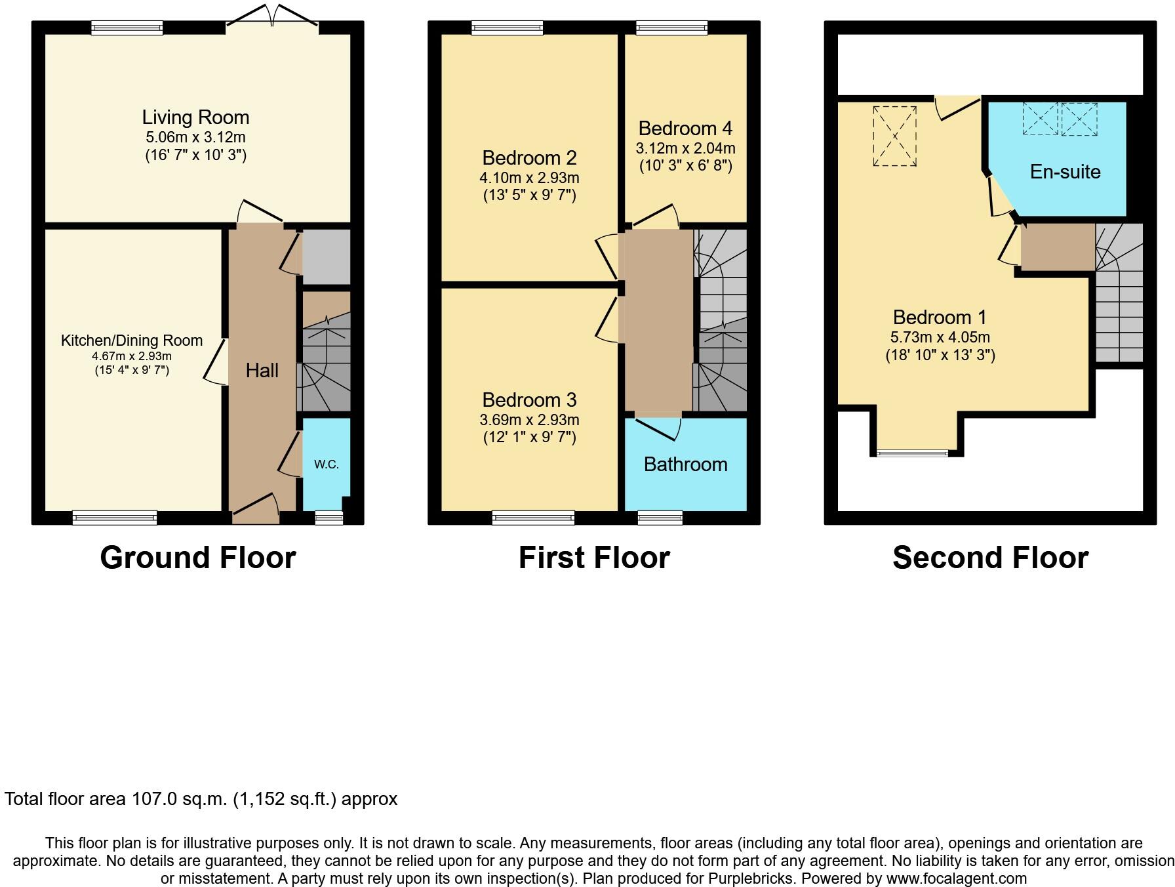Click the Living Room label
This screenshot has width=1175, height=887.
(195, 117)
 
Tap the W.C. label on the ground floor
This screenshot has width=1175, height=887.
(326, 464)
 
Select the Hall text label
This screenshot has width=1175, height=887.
(262, 371)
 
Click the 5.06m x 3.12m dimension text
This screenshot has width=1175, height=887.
(195, 138)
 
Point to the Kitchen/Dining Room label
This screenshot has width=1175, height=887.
(131, 340)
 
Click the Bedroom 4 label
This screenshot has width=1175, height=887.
(685, 128)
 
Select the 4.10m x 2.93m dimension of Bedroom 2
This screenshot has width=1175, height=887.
(529, 178)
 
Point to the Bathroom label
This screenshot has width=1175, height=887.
(685, 464)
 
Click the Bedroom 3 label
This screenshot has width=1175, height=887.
(529, 400)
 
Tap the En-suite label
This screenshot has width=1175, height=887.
(1065, 172)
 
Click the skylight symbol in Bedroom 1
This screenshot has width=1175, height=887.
(894, 136)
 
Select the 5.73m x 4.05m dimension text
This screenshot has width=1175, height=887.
(940, 337)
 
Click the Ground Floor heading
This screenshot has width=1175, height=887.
(198, 558)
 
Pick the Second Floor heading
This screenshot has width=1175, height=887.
(990, 558)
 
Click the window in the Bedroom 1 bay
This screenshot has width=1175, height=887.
(913, 453)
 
